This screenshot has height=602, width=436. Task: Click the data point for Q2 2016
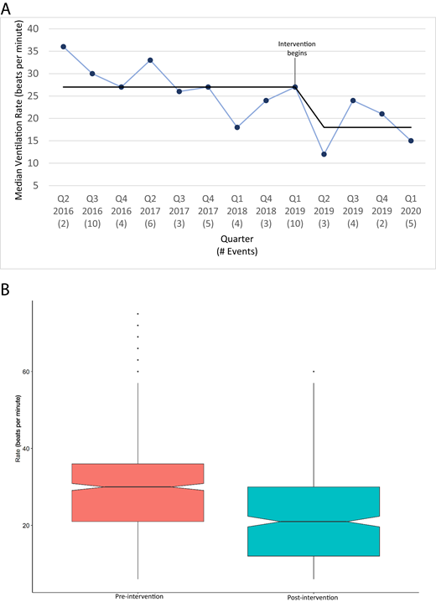63,47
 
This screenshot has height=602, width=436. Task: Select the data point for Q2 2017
149,60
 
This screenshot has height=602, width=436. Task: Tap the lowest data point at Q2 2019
324,154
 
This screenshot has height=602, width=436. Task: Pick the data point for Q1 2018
236,127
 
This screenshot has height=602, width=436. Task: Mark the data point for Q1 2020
411,141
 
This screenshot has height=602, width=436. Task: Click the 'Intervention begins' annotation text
296,48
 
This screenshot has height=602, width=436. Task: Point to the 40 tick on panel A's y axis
34,28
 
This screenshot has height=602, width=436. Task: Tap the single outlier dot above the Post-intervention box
314,371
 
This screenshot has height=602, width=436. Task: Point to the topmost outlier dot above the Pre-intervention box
138,313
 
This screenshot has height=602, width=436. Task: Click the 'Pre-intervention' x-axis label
138,594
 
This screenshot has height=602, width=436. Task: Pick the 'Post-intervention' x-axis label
314,594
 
